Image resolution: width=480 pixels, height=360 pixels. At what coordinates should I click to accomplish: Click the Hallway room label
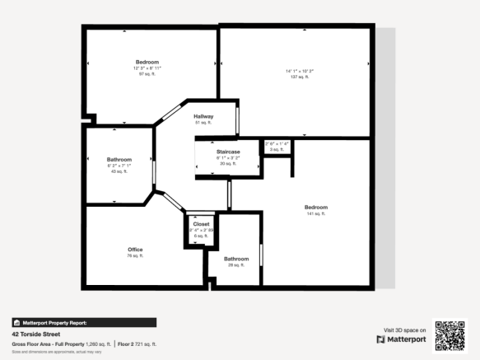pyautogui.click(x=203, y=116)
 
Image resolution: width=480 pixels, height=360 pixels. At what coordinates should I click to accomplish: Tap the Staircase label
pyautogui.click(x=228, y=152)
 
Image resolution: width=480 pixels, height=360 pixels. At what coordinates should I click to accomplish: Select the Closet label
pyautogui.click(x=202, y=223)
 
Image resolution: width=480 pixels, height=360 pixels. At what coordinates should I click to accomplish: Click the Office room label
pyautogui.click(x=135, y=249)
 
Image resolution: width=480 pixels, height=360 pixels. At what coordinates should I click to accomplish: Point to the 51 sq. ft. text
pyautogui.click(x=203, y=123)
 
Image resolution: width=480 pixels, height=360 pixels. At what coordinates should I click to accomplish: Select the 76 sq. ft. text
pyautogui.click(x=135, y=256)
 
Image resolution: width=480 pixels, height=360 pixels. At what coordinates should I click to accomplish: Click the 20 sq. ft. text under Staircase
pyautogui.click(x=227, y=164)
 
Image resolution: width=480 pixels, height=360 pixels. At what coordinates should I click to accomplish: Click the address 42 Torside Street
pyautogui.click(x=35, y=335)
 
